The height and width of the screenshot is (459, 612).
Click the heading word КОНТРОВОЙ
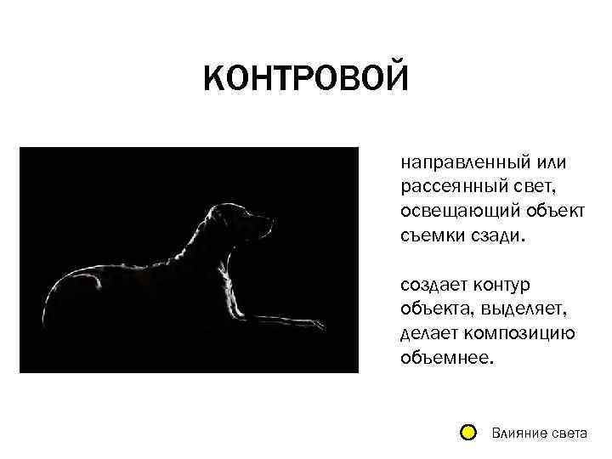[x=306, y=81]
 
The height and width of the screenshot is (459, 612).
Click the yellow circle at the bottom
[x=467, y=433]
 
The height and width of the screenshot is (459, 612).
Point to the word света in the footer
[x=567, y=433]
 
